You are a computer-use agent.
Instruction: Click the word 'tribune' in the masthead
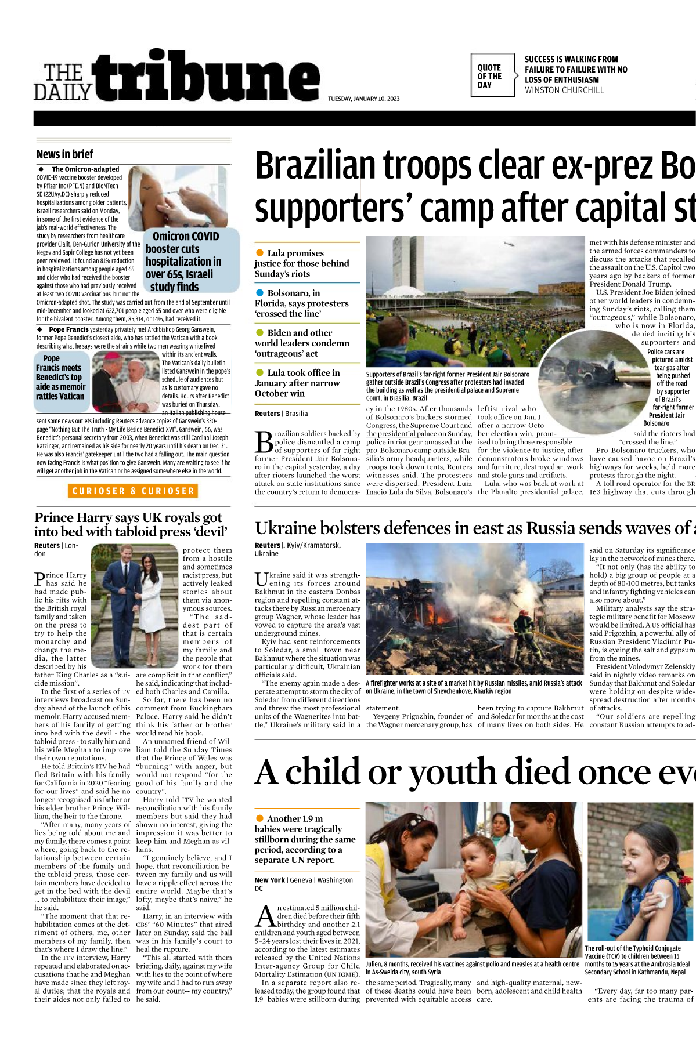point(209,78)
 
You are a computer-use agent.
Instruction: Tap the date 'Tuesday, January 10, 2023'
point(363,99)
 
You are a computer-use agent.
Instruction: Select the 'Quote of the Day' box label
point(489,76)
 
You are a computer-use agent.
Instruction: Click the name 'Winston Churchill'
point(564,90)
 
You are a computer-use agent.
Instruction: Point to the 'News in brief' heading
point(65,154)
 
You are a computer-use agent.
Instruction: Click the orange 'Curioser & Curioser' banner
point(133,491)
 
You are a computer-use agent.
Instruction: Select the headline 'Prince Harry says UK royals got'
point(128,517)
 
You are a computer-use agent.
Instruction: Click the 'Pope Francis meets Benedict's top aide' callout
point(60,377)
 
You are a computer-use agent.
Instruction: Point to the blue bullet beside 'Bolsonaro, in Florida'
point(259,293)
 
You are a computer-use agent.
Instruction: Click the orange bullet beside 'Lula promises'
point(259,253)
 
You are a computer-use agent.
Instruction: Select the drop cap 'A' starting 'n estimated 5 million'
point(265,916)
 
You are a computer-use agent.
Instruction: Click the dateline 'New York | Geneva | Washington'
point(304,880)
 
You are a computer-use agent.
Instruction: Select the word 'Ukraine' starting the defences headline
point(286,528)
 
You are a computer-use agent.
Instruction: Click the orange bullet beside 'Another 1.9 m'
point(259,818)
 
